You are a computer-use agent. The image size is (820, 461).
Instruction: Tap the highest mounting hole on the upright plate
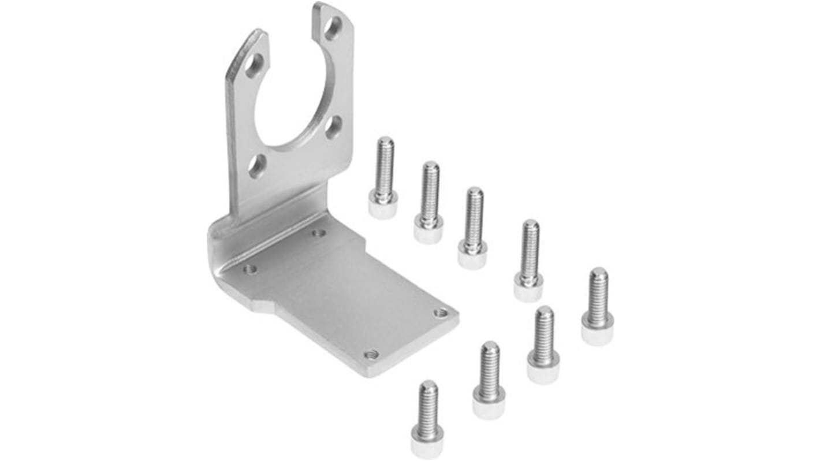(332, 27)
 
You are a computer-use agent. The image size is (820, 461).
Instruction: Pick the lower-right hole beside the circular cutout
(332, 128)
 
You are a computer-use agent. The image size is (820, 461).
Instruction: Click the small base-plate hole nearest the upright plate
(317, 233)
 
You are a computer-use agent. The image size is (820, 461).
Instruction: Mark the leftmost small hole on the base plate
(249, 269)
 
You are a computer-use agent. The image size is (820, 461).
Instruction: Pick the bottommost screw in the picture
(427, 419)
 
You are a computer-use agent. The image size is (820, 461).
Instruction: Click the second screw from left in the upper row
(429, 202)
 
